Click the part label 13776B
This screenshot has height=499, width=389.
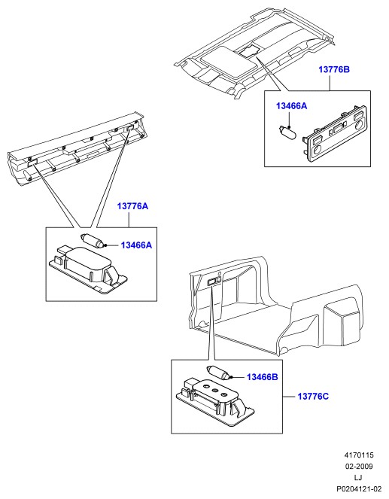pos(334,69)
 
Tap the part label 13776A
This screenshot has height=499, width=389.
pos(132,206)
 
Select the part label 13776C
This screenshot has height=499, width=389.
pos(313,397)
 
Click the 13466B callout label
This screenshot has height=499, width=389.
pos(263,377)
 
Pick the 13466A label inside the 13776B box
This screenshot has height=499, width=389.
pos(292,106)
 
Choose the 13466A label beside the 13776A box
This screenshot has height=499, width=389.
pos(136,245)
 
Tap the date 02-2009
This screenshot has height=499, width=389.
pos(359,467)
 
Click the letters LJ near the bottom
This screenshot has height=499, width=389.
pos(358,478)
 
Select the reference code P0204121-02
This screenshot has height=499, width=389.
pos(359,488)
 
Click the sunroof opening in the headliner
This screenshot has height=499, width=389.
pos(229,62)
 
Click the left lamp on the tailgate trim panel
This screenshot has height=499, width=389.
pos(33,163)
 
